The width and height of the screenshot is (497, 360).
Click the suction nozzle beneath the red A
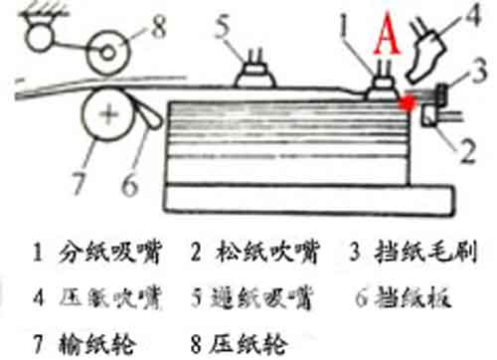click(381, 88)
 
